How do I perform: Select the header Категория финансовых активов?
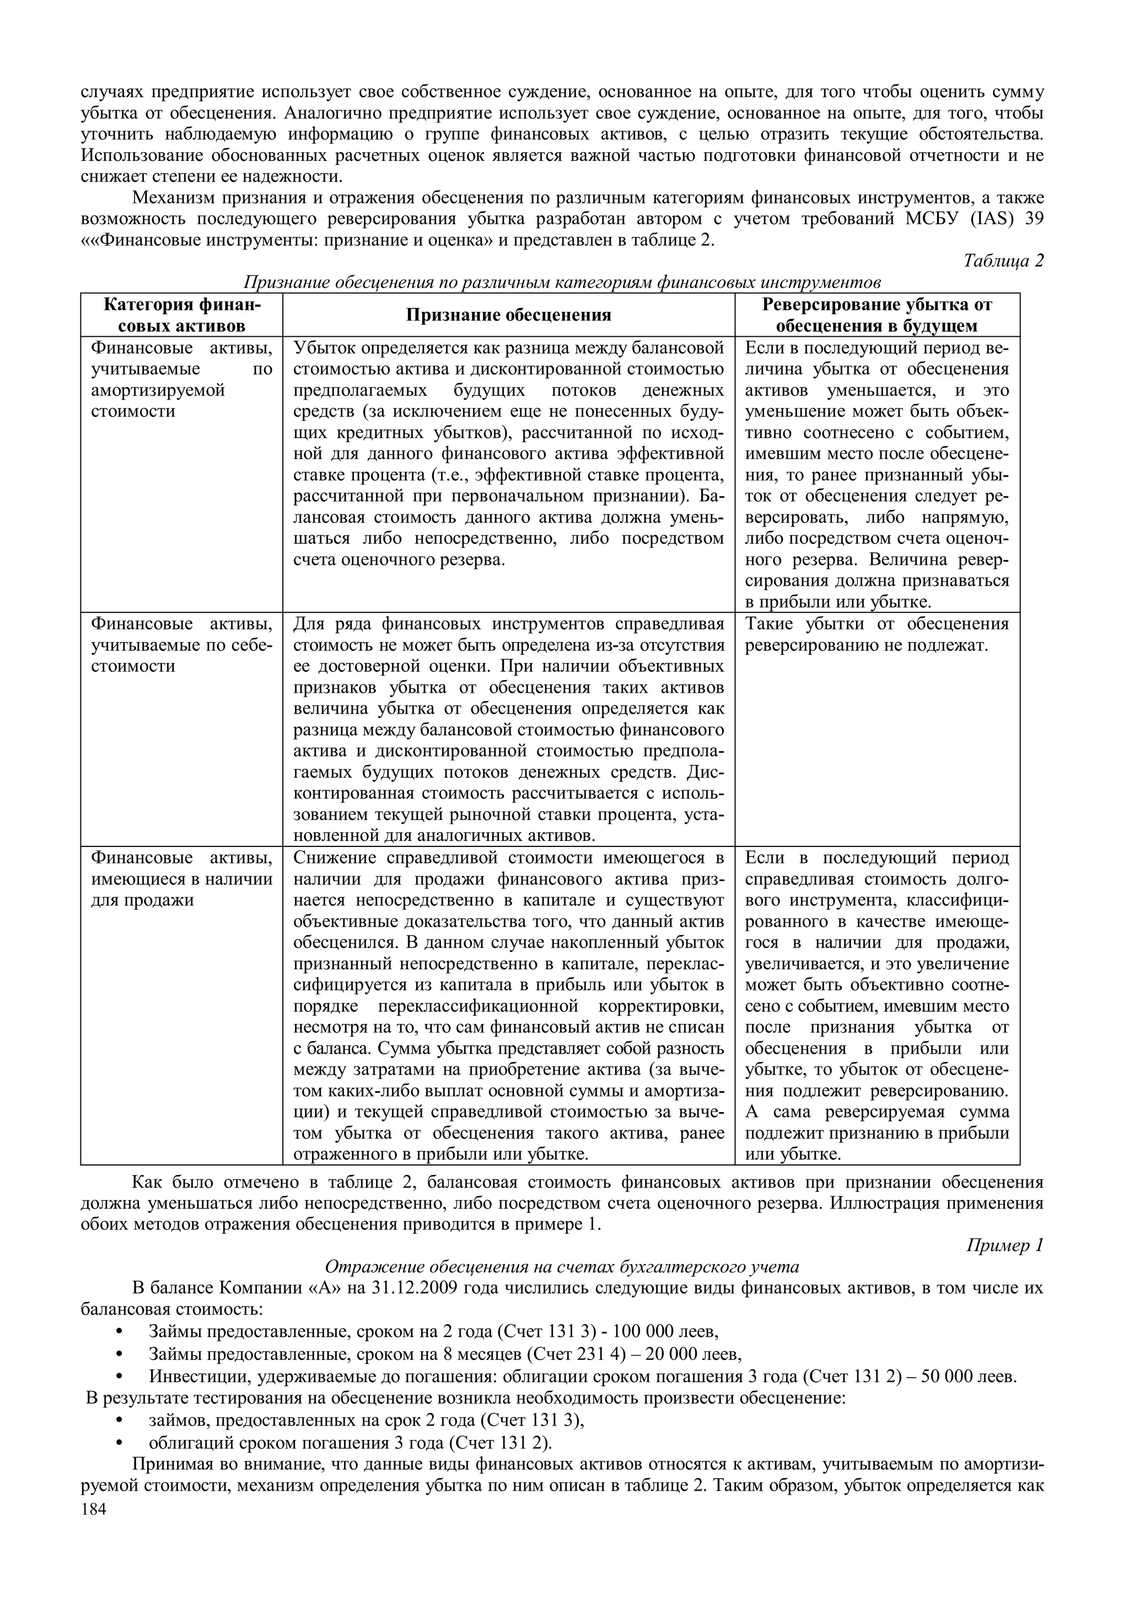181,315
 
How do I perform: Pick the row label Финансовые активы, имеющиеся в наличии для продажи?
181,879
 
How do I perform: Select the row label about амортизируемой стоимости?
181,379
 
